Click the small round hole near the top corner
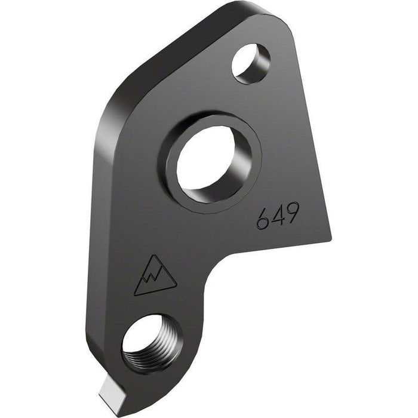(250, 63)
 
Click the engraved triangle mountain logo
(154, 277)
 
